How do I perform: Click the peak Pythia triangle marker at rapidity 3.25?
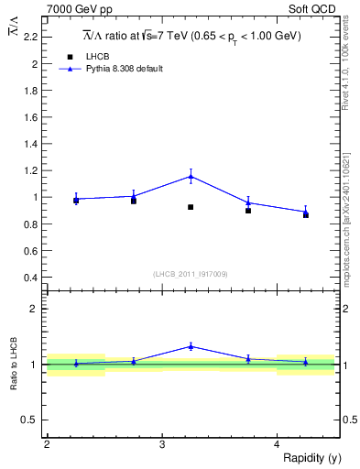tap(191, 176)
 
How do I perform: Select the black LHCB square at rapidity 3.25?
tap(191, 207)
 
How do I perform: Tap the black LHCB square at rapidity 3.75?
tap(248, 211)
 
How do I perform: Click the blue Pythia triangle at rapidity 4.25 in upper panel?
tap(306, 212)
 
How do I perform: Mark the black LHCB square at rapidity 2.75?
tap(134, 201)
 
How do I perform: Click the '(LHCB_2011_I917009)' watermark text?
tap(191, 274)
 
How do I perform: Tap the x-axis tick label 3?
tap(162, 444)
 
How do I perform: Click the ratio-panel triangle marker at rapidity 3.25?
tap(191, 346)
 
